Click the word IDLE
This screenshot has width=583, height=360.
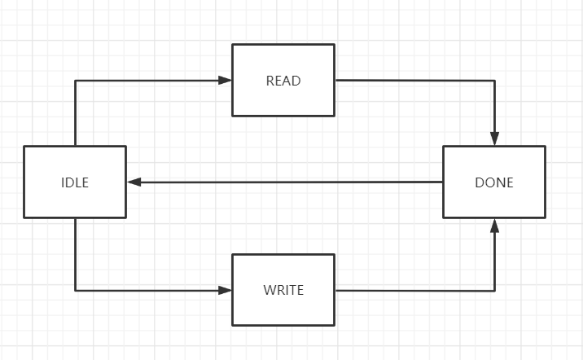(75, 182)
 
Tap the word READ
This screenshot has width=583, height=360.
(283, 81)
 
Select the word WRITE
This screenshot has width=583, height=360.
(283, 290)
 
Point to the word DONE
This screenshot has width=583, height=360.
(494, 182)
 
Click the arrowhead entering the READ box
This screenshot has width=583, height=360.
(226, 80)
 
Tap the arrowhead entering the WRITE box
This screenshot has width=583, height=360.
(226, 290)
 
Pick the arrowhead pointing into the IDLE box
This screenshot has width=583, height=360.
(134, 182)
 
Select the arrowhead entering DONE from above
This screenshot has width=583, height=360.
(494, 138)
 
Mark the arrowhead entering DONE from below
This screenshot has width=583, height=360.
(494, 226)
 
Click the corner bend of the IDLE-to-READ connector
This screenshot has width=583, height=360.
(75, 80)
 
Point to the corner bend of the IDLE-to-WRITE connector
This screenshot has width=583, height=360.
(75, 290)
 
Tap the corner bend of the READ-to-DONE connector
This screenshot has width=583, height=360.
(494, 81)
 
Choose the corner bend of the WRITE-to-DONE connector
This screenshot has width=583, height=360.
(494, 290)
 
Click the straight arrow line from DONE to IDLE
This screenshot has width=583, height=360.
(285, 182)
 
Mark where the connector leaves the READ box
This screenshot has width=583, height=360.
(335, 80)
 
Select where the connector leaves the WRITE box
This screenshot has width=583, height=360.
(335, 290)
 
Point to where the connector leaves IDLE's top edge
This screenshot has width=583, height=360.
(75, 146)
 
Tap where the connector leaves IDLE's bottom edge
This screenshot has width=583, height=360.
(75, 218)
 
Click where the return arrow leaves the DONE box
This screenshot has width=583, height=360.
(443, 182)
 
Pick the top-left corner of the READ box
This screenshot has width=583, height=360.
(233, 45)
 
